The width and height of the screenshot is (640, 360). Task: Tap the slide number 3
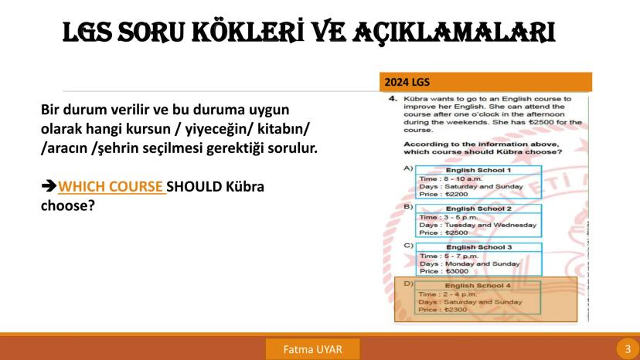(x=628, y=349)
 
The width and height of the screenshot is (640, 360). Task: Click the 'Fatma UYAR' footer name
(x=312, y=349)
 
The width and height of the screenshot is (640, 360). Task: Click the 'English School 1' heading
(x=477, y=168)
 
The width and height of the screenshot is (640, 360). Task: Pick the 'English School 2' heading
(x=477, y=209)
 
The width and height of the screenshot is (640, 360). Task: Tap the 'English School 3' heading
(x=478, y=247)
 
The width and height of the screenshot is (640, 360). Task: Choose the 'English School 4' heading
(x=478, y=286)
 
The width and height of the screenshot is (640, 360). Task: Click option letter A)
(x=407, y=168)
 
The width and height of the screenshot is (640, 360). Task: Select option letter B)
(x=407, y=208)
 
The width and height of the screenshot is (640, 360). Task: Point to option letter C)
(x=407, y=246)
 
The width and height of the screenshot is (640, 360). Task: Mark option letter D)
(x=407, y=285)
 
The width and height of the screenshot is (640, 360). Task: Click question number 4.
(x=393, y=100)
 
